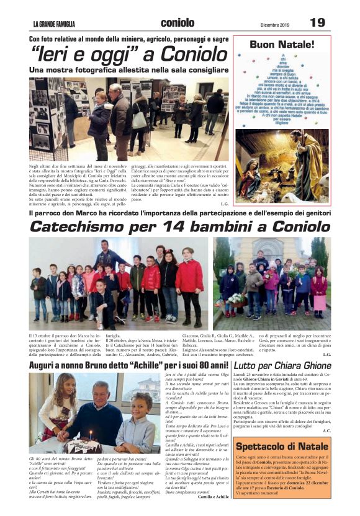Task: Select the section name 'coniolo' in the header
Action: (177, 23)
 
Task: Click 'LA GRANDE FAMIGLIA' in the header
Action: (54, 24)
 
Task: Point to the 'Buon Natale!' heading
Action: (282, 45)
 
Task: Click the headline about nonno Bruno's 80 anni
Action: (128, 367)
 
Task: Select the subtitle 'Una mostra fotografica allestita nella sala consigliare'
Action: (125, 70)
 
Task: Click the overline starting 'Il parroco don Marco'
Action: (180, 214)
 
